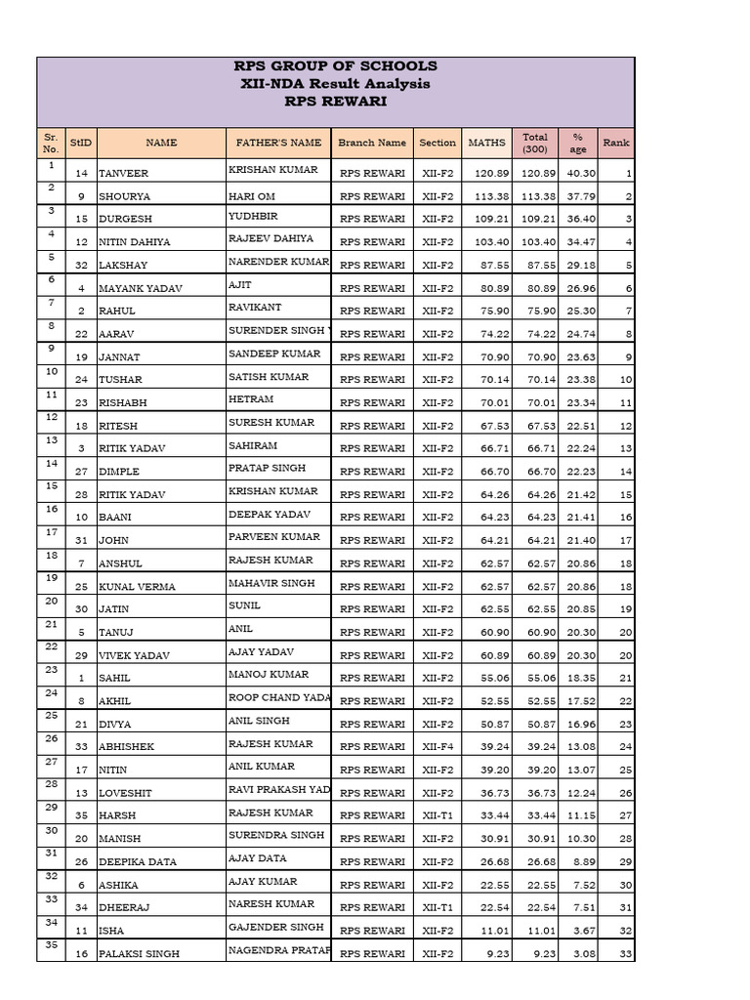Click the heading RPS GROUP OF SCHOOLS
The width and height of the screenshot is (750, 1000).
click(x=335, y=66)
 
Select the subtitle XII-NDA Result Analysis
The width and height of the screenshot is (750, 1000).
click(x=335, y=84)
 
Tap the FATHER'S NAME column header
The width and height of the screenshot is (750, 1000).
click(x=278, y=143)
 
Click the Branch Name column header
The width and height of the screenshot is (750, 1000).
click(x=372, y=143)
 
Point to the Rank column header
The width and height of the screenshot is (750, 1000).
click(x=616, y=143)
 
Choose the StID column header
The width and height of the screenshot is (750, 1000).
click(x=81, y=143)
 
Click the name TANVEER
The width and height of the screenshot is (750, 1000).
click(x=121, y=173)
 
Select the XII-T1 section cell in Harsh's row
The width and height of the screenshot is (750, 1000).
click(x=437, y=815)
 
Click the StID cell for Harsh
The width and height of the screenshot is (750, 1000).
click(x=81, y=815)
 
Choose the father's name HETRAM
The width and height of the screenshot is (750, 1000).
click(x=251, y=399)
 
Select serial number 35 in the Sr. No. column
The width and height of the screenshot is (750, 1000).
click(x=51, y=945)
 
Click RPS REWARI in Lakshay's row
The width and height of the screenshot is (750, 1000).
click(x=372, y=265)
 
